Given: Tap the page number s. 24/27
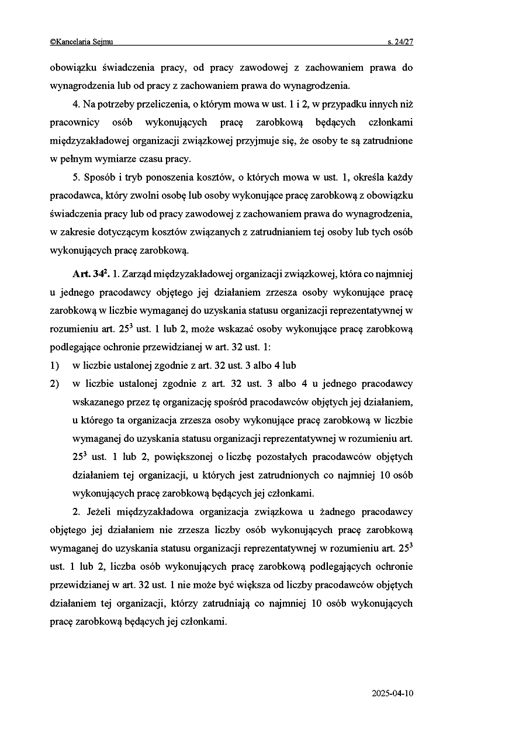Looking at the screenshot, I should point(400,41).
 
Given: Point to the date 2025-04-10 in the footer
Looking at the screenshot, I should point(392,694).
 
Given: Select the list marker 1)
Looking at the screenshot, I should point(55,366).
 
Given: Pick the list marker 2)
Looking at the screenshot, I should point(55,384).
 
